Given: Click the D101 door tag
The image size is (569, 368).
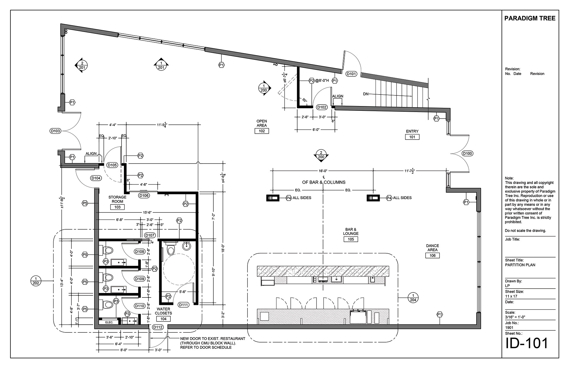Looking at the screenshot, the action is click(351, 74).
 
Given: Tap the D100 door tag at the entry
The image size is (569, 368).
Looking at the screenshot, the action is click(467, 153).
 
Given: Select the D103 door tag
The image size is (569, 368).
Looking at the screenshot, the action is click(55, 131).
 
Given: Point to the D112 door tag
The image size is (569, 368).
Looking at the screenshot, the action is click(158, 327).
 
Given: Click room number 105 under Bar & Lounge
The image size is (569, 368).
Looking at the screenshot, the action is click(351, 239).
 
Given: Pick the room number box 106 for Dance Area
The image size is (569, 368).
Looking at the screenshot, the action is click(432, 255).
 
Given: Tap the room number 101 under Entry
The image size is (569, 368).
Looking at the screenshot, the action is click(412, 137).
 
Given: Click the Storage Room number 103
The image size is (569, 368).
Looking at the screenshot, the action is click(117, 207).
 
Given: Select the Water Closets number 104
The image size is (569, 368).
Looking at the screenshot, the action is click(163, 319).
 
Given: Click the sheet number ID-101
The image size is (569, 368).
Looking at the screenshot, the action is click(527, 343).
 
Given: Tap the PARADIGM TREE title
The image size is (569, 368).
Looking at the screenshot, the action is click(530, 18).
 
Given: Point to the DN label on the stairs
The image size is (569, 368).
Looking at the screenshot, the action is click(366, 94).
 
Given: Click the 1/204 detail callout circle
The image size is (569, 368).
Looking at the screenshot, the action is click(413, 297).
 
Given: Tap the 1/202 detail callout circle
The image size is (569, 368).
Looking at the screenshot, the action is click(36, 281).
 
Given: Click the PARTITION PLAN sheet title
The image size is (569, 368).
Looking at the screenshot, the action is click(520, 265).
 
